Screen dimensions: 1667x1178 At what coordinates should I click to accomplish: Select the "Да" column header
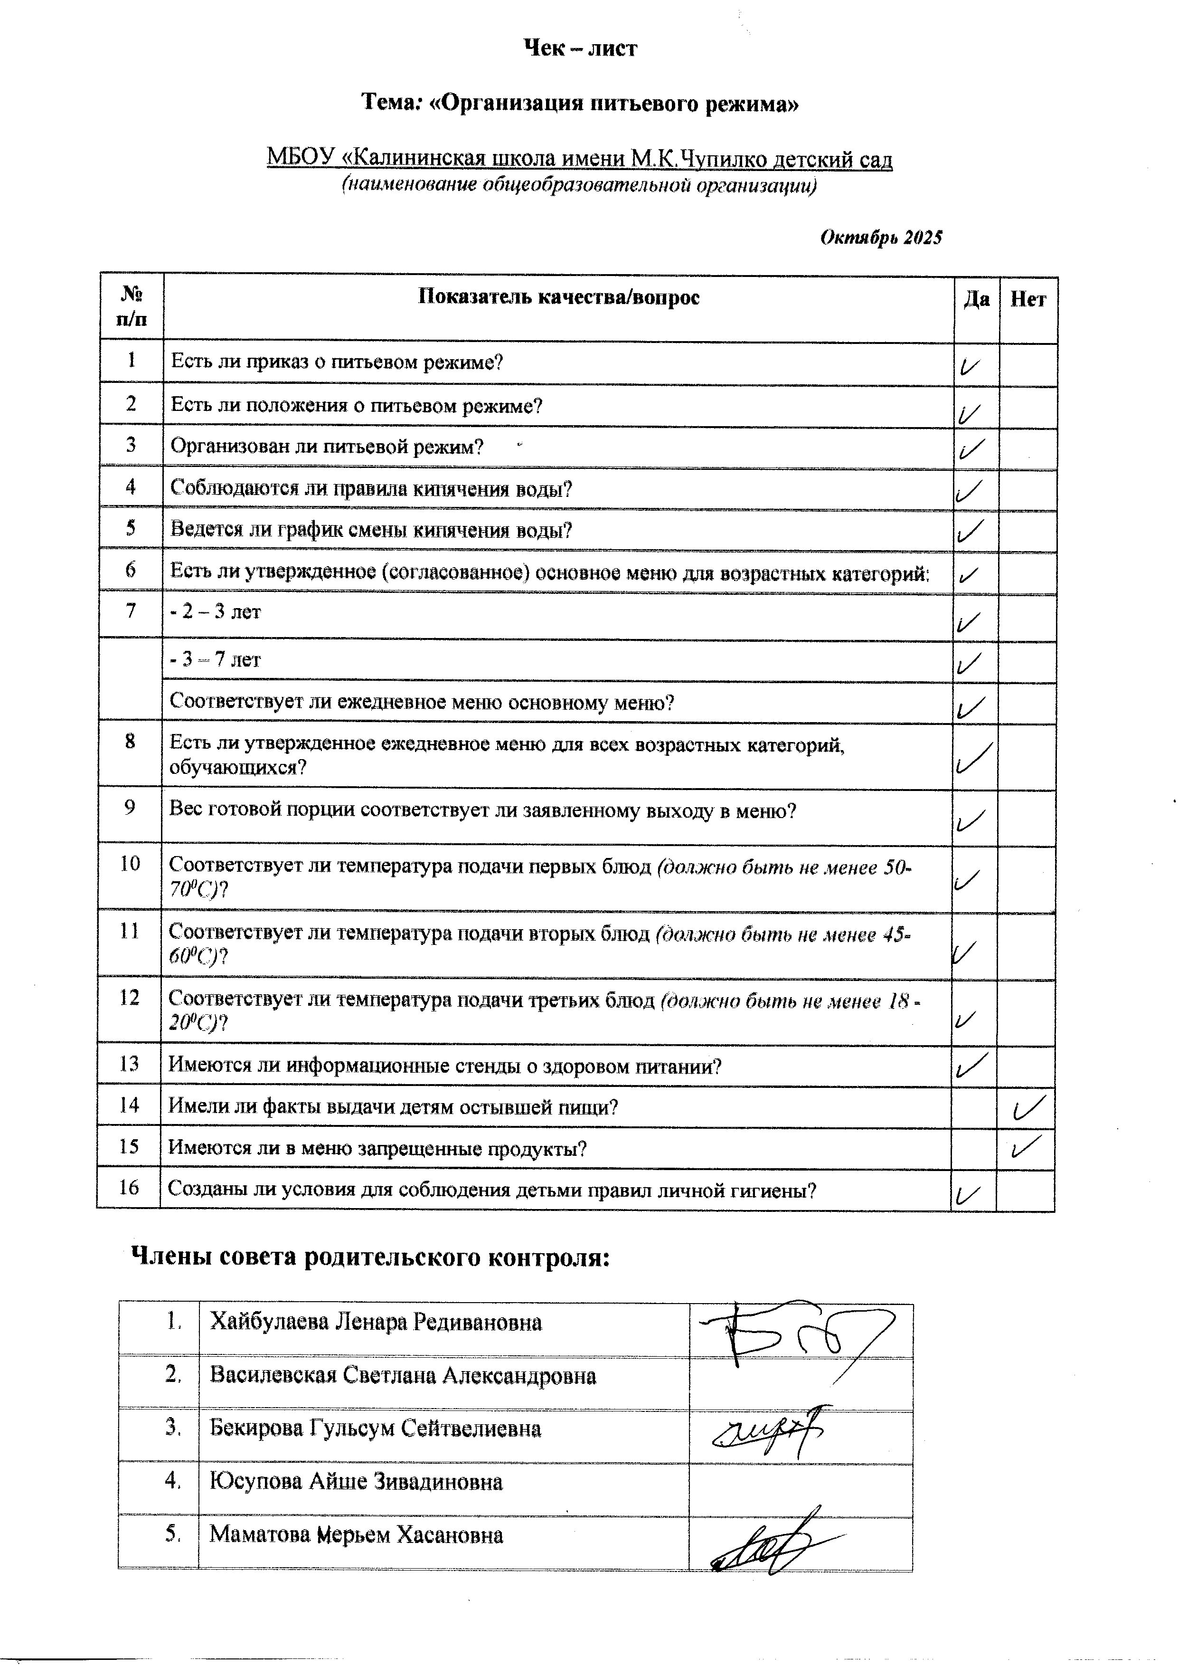pyautogui.click(x=976, y=300)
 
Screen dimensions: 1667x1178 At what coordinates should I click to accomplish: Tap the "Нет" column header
pyautogui.click(x=1028, y=300)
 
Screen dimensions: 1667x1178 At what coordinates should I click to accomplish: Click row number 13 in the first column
pyautogui.click(x=129, y=1065)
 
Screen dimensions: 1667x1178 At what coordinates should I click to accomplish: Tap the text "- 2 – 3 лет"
pyautogui.click(x=216, y=612)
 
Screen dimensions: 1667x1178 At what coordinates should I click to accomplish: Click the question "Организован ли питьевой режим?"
pyautogui.click(x=327, y=447)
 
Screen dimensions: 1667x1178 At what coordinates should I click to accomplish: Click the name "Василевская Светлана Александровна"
pyautogui.click(x=403, y=1376)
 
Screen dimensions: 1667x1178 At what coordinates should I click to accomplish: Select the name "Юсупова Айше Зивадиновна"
pyautogui.click(x=356, y=1481)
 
